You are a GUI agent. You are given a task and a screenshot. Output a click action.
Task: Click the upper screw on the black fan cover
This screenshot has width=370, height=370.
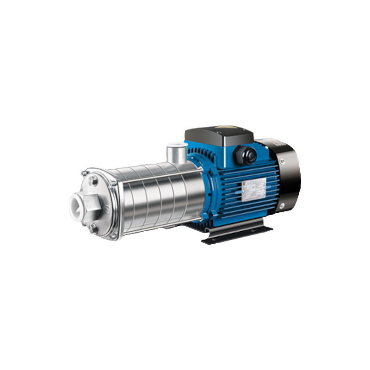tap(281, 160)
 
